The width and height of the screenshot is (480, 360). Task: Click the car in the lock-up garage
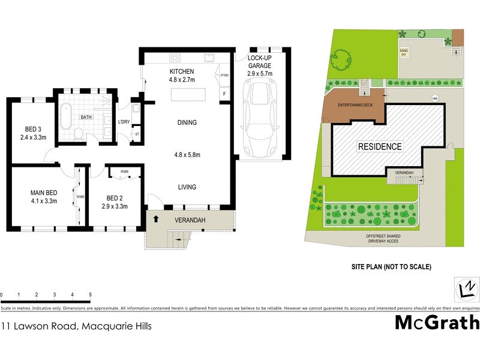tap(261, 121)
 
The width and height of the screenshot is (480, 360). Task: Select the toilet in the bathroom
tap(79, 133)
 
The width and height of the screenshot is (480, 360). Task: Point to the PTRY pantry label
tap(225, 76)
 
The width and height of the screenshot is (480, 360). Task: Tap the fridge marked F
tap(224, 94)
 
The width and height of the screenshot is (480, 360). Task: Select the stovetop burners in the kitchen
tap(176, 58)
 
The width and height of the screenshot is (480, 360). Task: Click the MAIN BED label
tap(43, 193)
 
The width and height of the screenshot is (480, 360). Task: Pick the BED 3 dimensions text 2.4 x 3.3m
tap(34, 137)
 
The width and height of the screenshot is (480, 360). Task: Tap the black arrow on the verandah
tap(157, 219)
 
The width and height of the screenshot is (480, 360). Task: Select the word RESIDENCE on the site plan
tap(380, 146)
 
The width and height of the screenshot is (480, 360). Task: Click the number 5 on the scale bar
tap(90, 295)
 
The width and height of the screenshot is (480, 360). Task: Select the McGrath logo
tap(437, 322)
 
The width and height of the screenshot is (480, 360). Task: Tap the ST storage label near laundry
tap(137, 134)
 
